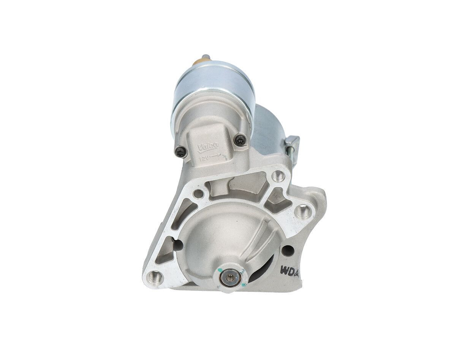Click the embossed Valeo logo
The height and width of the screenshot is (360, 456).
tap(207, 146)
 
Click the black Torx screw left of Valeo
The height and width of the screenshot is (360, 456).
tap(180, 152)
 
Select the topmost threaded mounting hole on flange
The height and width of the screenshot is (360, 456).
tap(279, 176)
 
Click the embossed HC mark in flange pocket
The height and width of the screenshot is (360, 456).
tap(277, 197)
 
